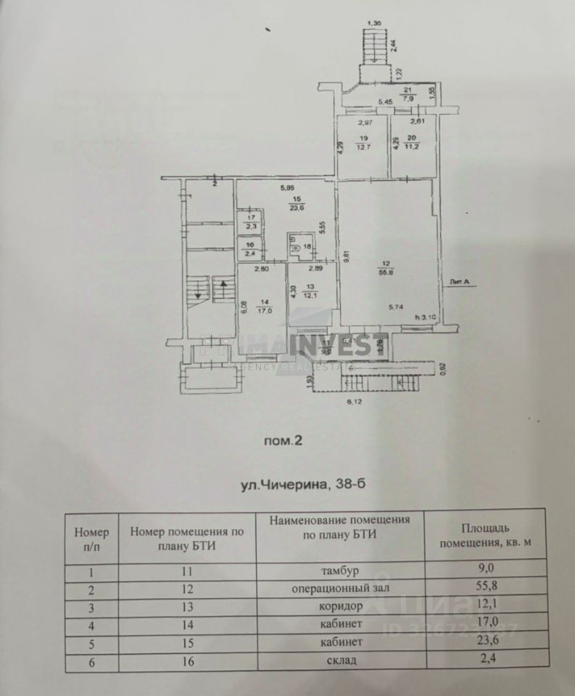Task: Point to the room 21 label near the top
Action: point(407,92)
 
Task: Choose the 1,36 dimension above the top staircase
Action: point(375,25)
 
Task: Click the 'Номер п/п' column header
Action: point(92,538)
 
